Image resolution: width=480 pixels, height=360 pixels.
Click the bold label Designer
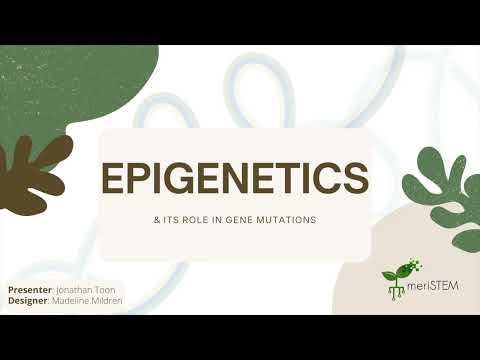pos(28,300)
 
